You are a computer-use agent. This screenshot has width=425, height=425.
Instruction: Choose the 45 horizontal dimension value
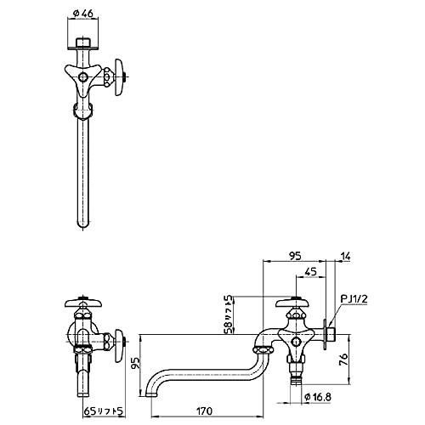(x=310, y=272)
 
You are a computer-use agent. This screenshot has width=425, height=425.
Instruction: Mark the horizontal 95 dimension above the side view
(x=297, y=252)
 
